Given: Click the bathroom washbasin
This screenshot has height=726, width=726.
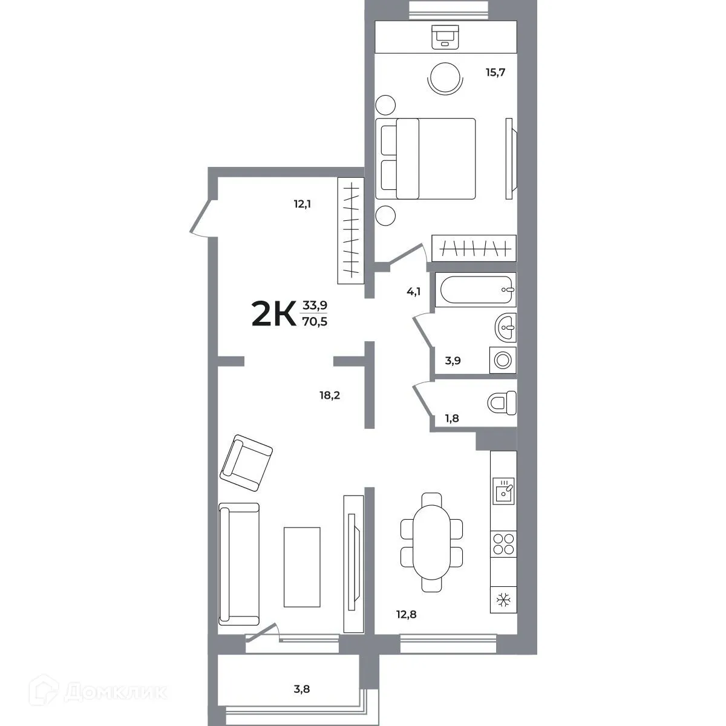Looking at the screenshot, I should [505, 329].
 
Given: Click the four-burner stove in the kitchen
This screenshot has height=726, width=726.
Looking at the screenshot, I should [503, 543].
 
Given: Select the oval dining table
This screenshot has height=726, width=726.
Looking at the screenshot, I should [431, 542].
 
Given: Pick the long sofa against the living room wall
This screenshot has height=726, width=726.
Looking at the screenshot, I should [239, 564].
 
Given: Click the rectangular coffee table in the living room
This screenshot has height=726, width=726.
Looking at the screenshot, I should [302, 566].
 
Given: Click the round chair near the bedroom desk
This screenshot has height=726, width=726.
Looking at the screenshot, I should [445, 79].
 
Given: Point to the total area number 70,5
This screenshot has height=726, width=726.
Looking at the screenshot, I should [315, 322].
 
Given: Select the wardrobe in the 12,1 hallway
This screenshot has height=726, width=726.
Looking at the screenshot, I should [350, 231].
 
